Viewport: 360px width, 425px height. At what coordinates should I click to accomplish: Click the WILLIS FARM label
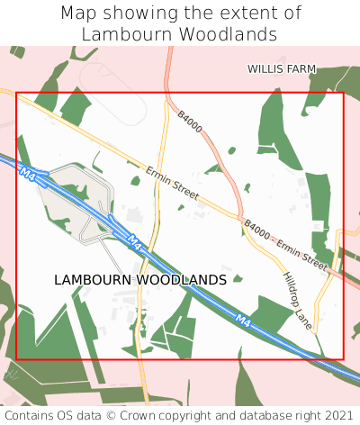pos(283,68)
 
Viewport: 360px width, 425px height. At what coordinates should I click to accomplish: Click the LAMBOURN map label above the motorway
pos(92,280)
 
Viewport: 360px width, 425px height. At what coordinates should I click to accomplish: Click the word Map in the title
pos(78,14)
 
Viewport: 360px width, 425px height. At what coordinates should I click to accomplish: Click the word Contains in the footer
pos(30,415)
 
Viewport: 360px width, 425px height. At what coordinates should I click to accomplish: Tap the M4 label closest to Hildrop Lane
pos(243,319)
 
